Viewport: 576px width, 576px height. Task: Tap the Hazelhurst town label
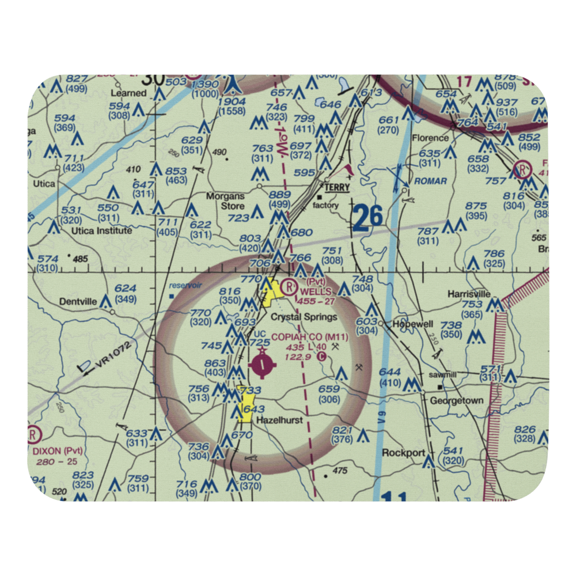[279, 420]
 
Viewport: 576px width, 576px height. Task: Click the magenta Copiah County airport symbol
[263, 364]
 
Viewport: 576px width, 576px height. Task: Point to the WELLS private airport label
[315, 292]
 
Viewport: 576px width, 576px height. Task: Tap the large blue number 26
[367, 217]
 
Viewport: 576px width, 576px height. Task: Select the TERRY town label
[338, 188]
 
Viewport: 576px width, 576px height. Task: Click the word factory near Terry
[325, 205]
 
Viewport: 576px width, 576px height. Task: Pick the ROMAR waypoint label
[430, 181]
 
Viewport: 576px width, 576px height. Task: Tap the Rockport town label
[403, 453]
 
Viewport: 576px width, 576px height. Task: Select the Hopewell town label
[412, 324]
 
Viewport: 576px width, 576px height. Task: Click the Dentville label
[78, 301]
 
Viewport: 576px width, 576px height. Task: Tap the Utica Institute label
[101, 230]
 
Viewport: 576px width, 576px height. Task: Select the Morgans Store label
[225, 201]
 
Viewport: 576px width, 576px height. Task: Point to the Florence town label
[430, 138]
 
